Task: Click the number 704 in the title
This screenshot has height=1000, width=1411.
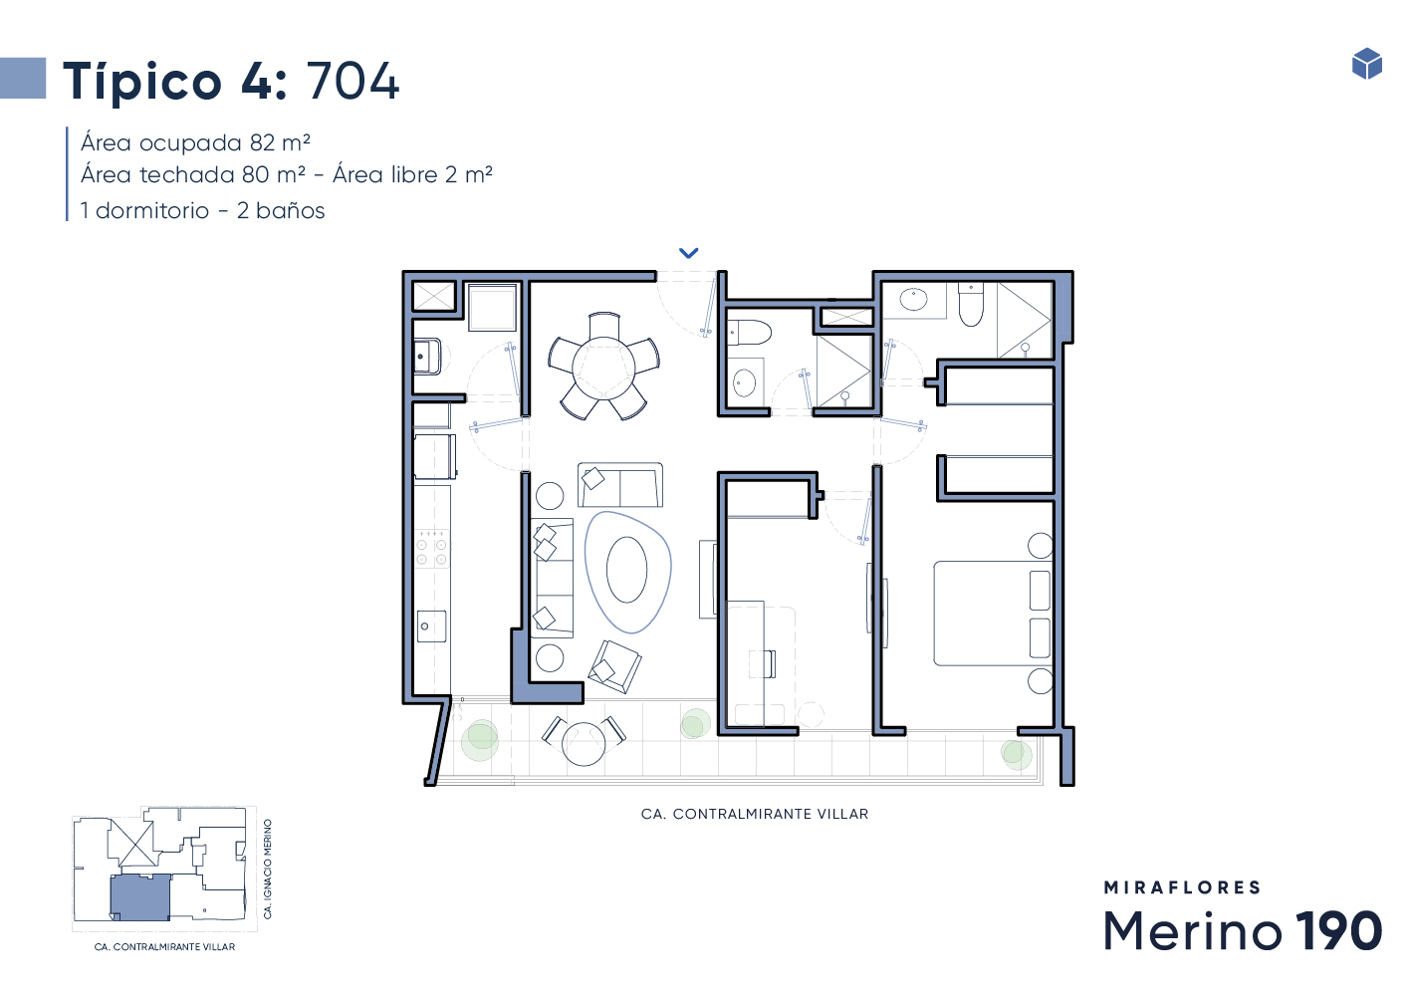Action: [353, 81]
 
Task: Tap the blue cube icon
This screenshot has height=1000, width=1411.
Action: [1366, 64]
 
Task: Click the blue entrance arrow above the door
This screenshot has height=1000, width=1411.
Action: [688, 253]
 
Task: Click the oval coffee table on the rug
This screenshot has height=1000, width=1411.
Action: [626, 571]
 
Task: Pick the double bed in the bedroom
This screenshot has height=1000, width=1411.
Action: [993, 614]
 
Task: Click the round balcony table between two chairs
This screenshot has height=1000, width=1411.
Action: [584, 744]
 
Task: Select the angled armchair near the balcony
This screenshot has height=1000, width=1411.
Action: [614, 666]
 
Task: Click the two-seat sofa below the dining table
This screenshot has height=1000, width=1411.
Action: [619, 485]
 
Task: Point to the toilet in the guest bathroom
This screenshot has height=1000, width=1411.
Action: [749, 333]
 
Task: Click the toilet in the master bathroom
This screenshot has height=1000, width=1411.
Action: [971, 305]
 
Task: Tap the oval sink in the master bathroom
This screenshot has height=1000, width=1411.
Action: [913, 300]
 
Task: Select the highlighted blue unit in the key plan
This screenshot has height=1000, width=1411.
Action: [140, 897]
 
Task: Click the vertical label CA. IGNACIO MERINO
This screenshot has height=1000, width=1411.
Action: [267, 869]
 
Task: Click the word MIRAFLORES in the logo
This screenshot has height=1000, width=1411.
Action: [1182, 887]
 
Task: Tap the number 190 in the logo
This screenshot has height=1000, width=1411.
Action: [1338, 930]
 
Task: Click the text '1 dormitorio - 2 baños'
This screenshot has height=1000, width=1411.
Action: [202, 210]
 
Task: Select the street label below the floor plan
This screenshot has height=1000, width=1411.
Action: [755, 814]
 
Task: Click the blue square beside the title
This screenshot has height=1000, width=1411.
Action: [23, 78]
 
